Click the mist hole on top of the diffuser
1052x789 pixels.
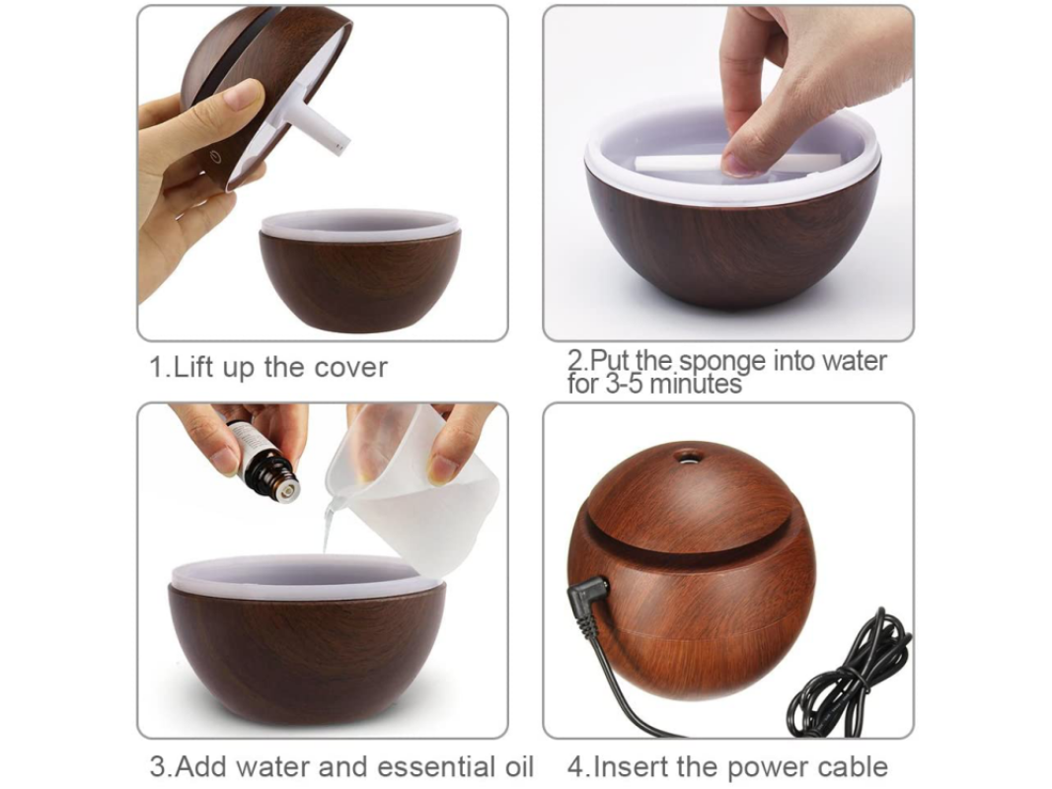[686, 458]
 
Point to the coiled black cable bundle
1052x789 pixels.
[850, 677]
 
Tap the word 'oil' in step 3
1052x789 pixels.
[519, 766]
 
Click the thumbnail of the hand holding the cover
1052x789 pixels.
[323, 174]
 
